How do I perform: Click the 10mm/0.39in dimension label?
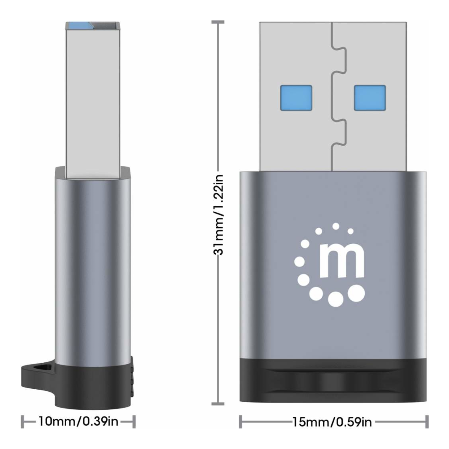[x=78, y=421]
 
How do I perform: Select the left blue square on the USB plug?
[x=296, y=98]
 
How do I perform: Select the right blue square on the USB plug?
[x=370, y=98]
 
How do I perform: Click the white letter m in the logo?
[x=342, y=264]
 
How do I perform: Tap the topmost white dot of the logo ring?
[x=336, y=226]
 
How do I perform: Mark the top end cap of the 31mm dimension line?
[x=218, y=22]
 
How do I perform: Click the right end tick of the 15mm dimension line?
[x=427, y=422]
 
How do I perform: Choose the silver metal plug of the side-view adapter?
[x=93, y=94]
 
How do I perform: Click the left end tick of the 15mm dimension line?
[x=241, y=422]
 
